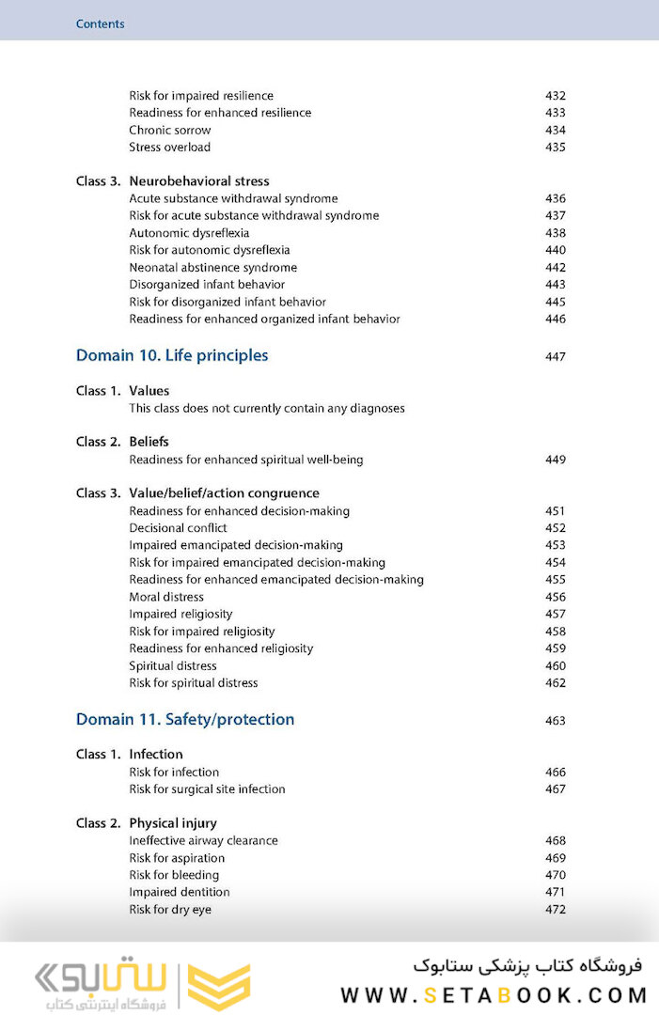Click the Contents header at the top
[100, 23]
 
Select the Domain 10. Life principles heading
[172, 355]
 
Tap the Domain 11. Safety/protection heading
[185, 719]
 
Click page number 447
[556, 357]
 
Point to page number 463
[556, 721]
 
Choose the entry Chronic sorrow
[170, 130]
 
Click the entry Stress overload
[170, 148]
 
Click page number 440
[556, 250]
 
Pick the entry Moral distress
[166, 597]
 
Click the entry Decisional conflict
[178, 528]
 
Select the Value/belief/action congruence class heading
[224, 493]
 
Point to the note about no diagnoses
[267, 409]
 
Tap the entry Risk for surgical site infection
[207, 789]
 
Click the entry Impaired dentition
[180, 892]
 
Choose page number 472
[556, 910]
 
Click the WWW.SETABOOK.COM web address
[494, 995]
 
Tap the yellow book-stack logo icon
[219, 987]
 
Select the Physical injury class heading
[173, 823]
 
